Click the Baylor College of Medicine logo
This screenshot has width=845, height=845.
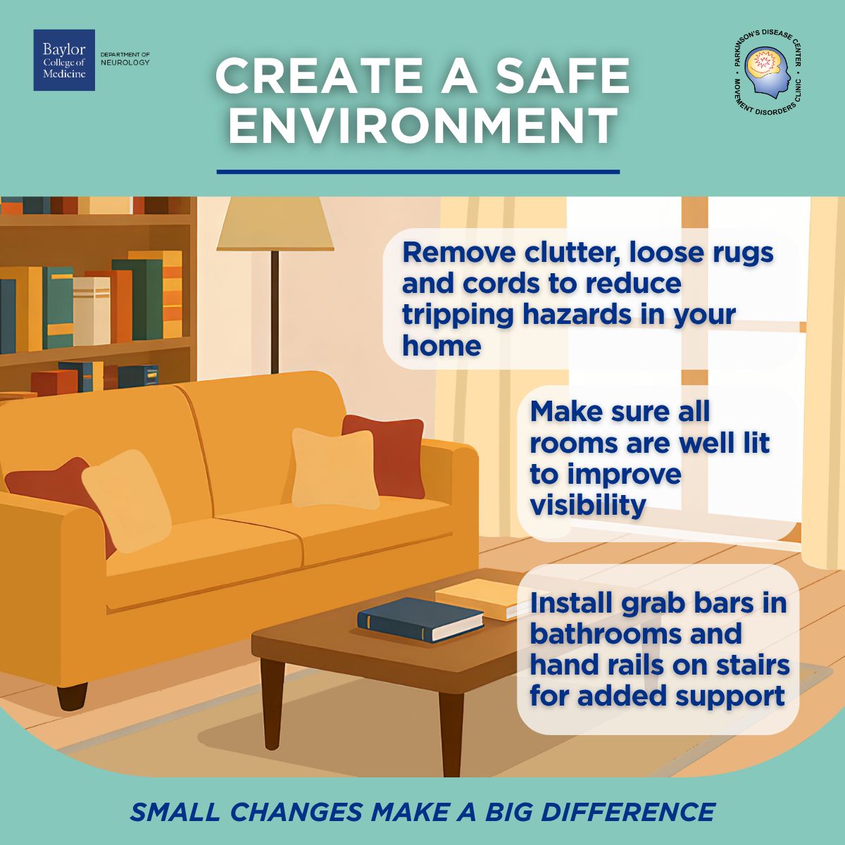pyautogui.click(x=64, y=60)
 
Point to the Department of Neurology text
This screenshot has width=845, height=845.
pyautogui.click(x=125, y=59)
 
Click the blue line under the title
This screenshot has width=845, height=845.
pyautogui.click(x=418, y=171)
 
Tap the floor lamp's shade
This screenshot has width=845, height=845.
pyautogui.click(x=275, y=223)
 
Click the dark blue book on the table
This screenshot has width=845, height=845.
pyautogui.click(x=420, y=619)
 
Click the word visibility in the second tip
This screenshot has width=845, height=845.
pyautogui.click(x=587, y=505)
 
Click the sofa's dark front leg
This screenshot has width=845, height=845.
pyautogui.click(x=72, y=694)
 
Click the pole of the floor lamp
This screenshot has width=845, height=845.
pyautogui.click(x=275, y=310)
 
